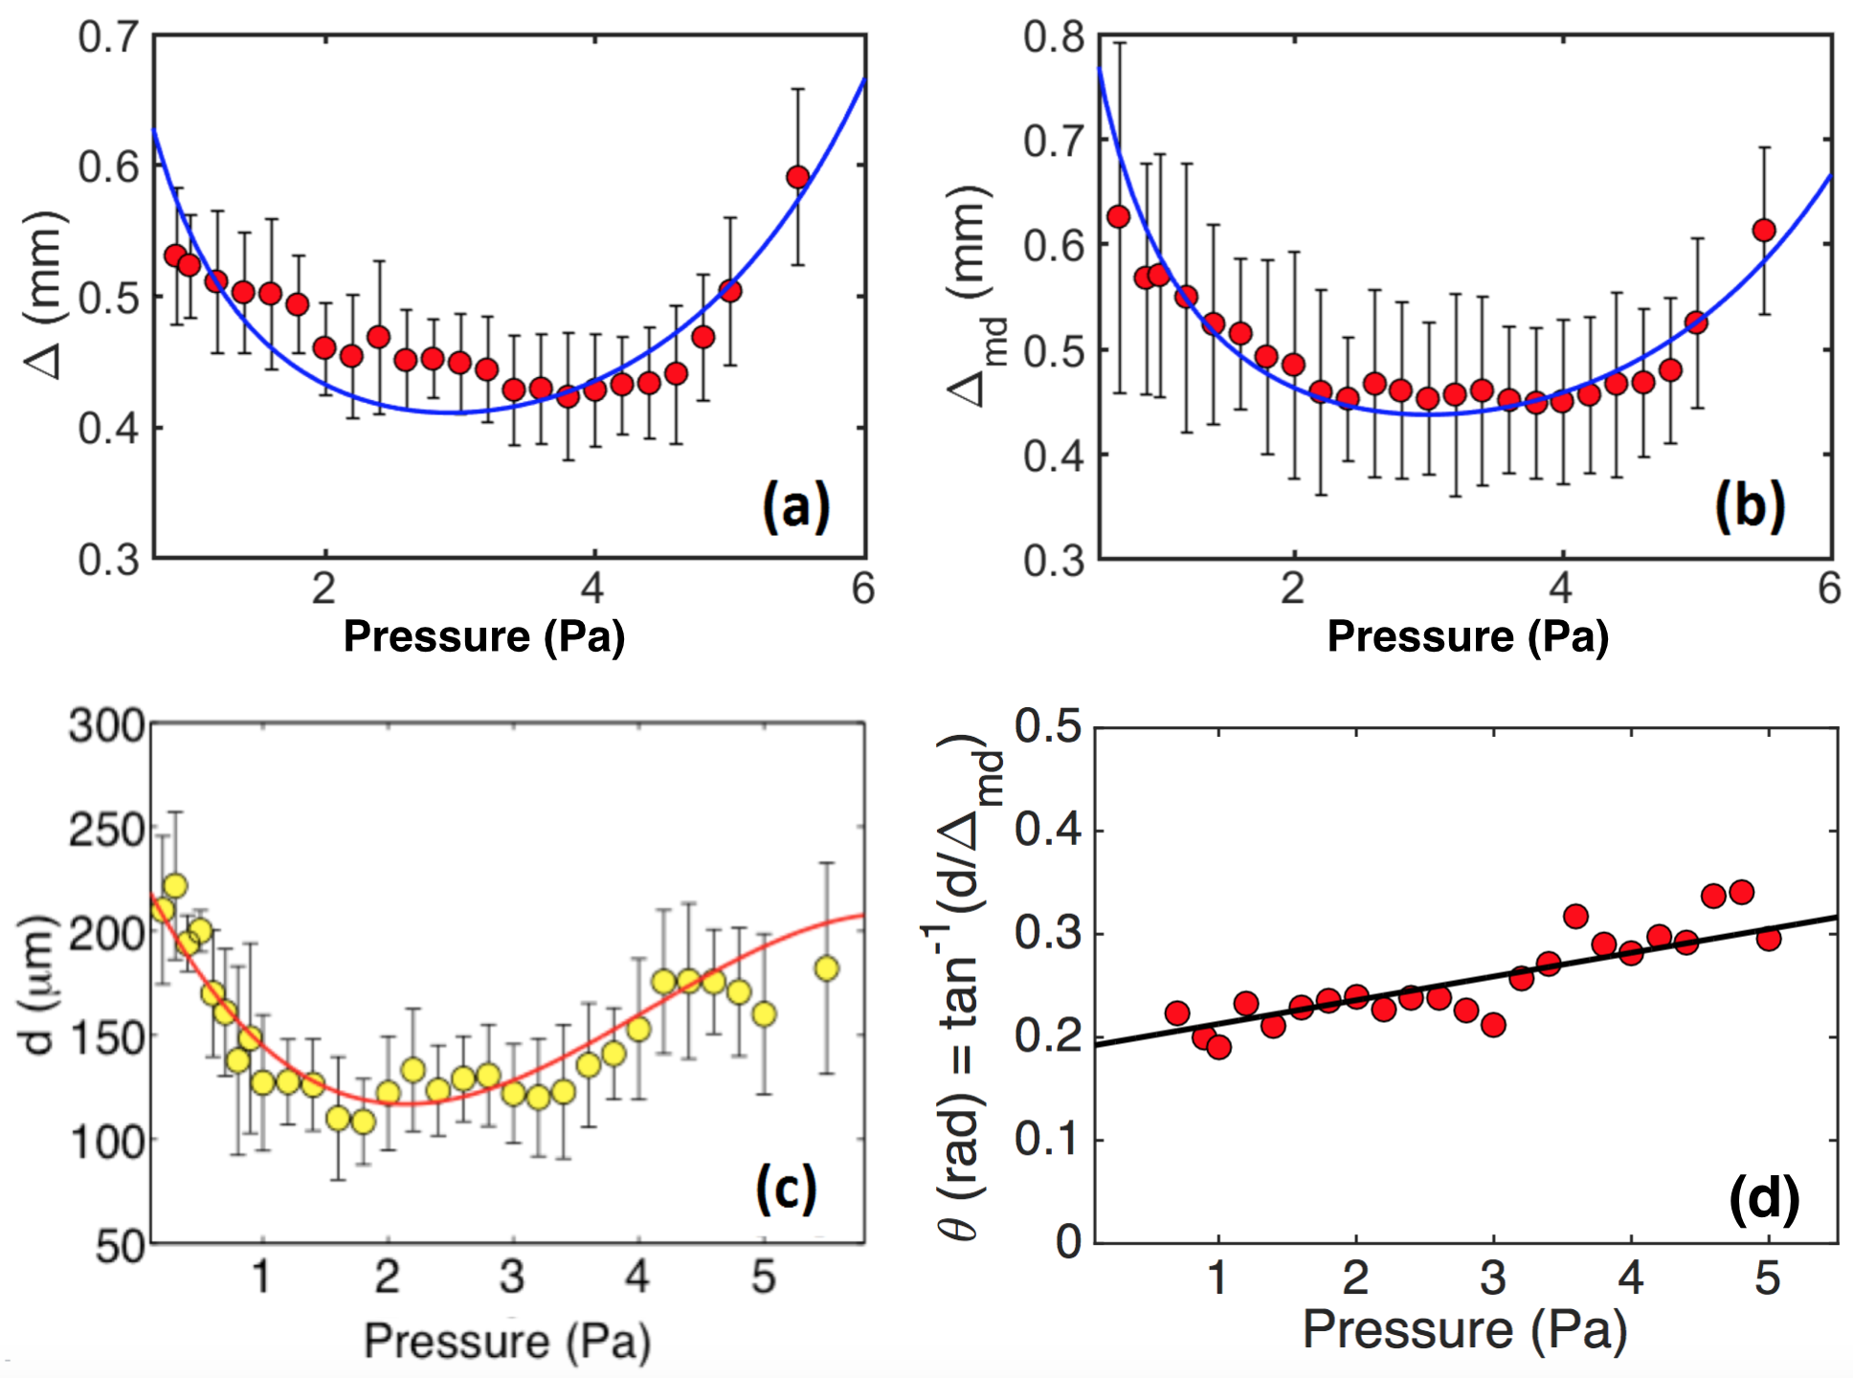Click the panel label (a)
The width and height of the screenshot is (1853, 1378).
coord(795,505)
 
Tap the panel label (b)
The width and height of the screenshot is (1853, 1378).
coord(1749,505)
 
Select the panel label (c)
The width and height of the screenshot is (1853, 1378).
coord(786,1189)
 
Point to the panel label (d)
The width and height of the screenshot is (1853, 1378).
coord(1763,1198)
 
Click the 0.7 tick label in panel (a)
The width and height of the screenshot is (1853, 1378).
coord(108,37)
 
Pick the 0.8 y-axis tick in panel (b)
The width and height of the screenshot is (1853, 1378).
coord(1054,37)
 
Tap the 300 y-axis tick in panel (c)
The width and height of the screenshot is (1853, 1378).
coord(106,726)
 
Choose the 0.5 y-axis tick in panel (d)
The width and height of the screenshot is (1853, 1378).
coord(1047,726)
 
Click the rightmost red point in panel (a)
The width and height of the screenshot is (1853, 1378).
coord(798,177)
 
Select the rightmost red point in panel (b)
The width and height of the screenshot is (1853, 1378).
coord(1764,230)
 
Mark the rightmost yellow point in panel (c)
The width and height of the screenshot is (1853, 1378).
coord(827,968)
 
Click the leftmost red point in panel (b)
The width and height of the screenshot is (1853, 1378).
coord(1118,216)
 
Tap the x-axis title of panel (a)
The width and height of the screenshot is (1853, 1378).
coord(483,636)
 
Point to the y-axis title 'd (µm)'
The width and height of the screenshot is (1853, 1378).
coord(38,986)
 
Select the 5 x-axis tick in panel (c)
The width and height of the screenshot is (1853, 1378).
coord(763,1277)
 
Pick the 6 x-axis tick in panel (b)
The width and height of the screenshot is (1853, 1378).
coord(1829,588)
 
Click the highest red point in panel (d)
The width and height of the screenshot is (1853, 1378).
coord(1741,892)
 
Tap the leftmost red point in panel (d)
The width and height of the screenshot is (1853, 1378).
coord(1177,1012)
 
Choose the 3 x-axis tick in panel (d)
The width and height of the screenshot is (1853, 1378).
coord(1493,1278)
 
